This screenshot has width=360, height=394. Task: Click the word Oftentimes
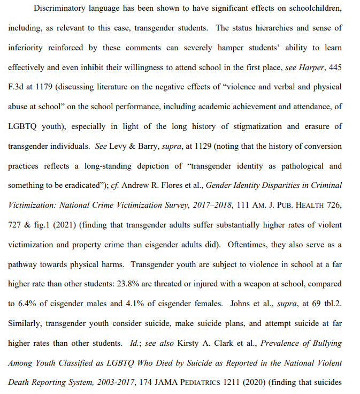click(x=248, y=245)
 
